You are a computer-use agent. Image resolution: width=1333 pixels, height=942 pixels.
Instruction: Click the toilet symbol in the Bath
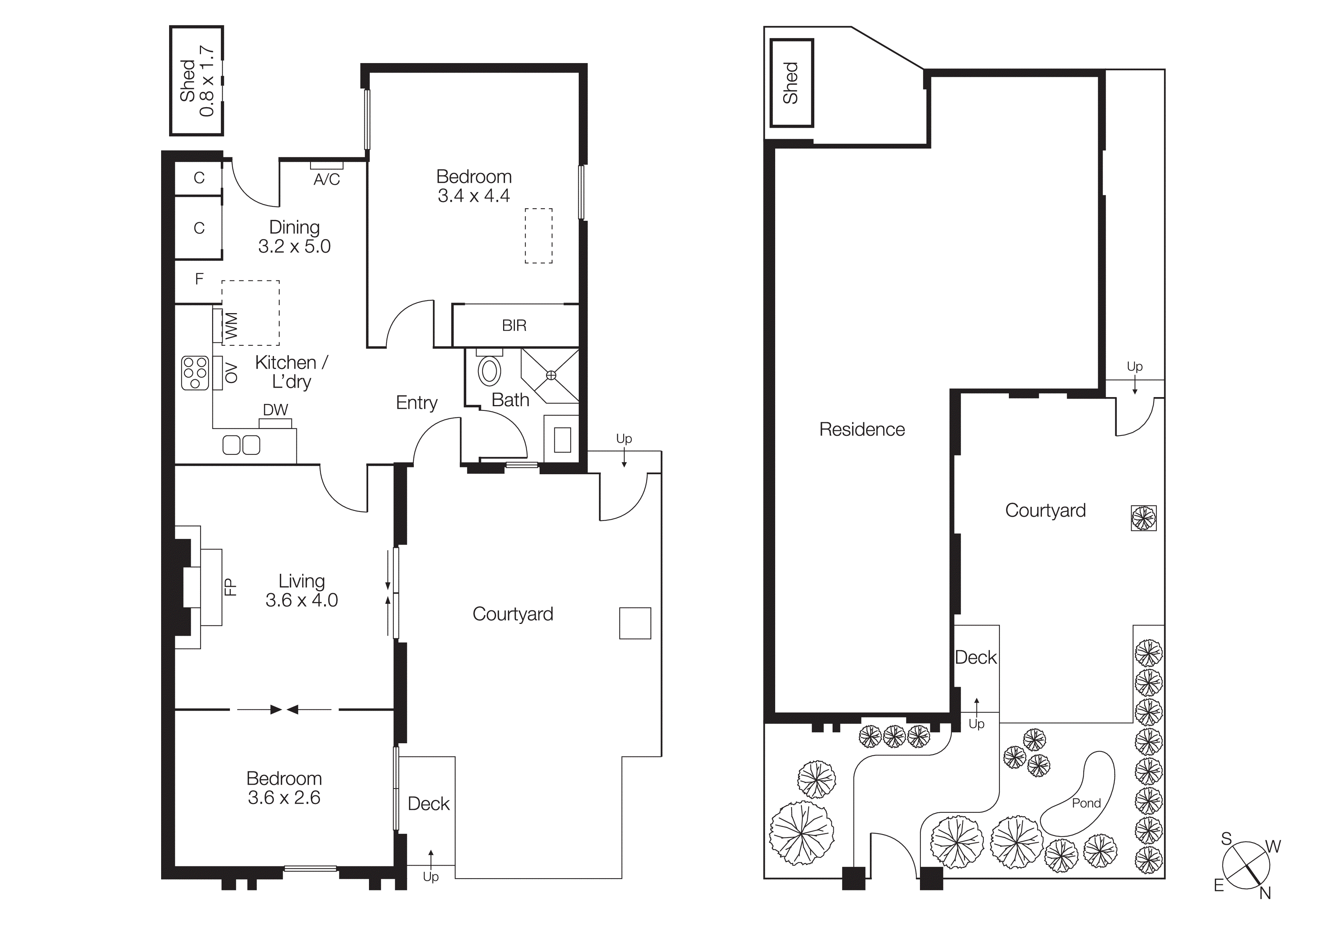(489, 370)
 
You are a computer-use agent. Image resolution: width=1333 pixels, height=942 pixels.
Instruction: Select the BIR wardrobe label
(514, 326)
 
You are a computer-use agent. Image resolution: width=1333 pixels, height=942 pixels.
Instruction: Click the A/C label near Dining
(326, 180)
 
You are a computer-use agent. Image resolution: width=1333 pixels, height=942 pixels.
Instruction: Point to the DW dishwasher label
(275, 410)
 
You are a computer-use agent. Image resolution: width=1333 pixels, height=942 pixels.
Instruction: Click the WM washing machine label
(231, 326)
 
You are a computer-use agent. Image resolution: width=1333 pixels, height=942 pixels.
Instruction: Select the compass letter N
(1265, 894)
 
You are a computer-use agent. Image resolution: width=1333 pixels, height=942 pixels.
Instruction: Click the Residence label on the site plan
(861, 429)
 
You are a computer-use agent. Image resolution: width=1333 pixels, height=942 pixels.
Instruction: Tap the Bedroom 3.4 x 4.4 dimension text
(474, 196)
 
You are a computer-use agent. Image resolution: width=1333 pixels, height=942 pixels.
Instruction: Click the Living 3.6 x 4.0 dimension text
(301, 600)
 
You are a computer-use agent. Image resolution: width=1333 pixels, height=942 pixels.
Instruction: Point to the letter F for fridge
(199, 279)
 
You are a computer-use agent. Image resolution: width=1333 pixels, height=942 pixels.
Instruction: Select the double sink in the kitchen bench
(242, 445)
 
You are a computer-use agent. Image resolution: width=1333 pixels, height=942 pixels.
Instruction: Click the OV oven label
(231, 373)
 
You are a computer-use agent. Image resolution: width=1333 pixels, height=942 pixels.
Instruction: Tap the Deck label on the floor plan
(429, 804)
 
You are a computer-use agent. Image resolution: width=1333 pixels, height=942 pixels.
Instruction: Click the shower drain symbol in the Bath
(551, 375)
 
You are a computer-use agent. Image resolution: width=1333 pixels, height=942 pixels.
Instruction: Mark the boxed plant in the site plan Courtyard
(1143, 518)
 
